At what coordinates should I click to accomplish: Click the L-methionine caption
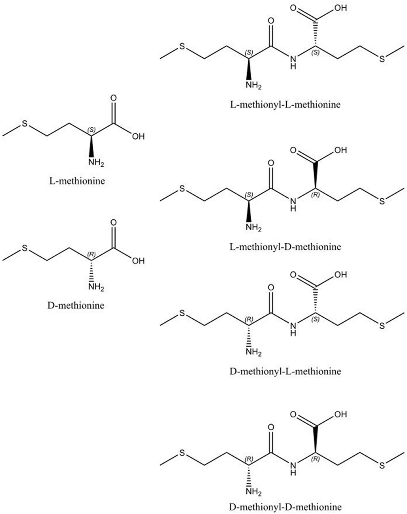(77, 181)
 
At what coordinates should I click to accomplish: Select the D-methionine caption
(76, 305)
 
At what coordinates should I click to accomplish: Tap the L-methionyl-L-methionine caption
(285, 104)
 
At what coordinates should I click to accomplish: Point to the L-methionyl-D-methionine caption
(285, 246)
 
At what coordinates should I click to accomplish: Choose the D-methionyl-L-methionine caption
(285, 371)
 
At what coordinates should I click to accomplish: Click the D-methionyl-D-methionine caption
(285, 507)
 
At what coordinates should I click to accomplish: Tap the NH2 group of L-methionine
(96, 162)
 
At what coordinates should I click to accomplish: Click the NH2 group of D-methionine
(96, 288)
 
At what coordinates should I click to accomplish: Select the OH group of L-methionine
(138, 136)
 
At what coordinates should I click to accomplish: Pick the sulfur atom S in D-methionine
(25, 249)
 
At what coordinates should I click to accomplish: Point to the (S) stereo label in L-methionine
(91, 130)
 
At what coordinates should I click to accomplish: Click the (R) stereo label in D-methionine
(91, 254)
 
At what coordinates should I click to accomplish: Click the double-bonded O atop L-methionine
(113, 98)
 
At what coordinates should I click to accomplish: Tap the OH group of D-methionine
(138, 261)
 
